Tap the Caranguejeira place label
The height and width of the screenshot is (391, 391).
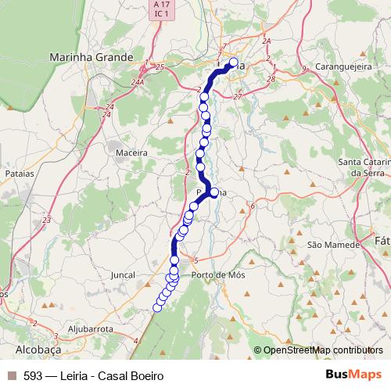click(x=337, y=68)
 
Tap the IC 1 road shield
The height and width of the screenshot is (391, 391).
click(x=161, y=16)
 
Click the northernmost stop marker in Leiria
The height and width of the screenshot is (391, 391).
click(x=233, y=63)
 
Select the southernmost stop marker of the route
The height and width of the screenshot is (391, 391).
click(x=157, y=307)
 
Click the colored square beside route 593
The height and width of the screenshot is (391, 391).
click(x=11, y=375)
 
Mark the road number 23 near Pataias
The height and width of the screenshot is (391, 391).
click(x=46, y=221)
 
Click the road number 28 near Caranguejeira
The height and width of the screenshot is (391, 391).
click(x=271, y=79)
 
